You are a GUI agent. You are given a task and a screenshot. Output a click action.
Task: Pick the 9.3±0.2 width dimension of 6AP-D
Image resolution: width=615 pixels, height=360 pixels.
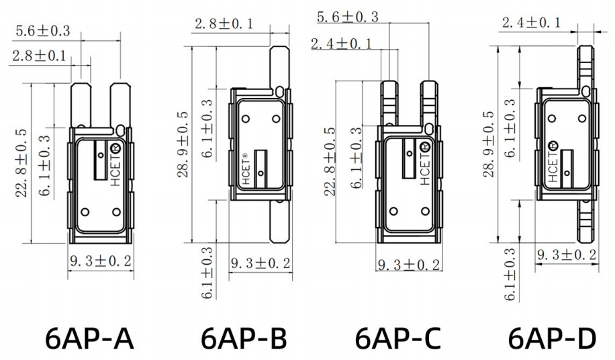(x=567, y=256)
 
